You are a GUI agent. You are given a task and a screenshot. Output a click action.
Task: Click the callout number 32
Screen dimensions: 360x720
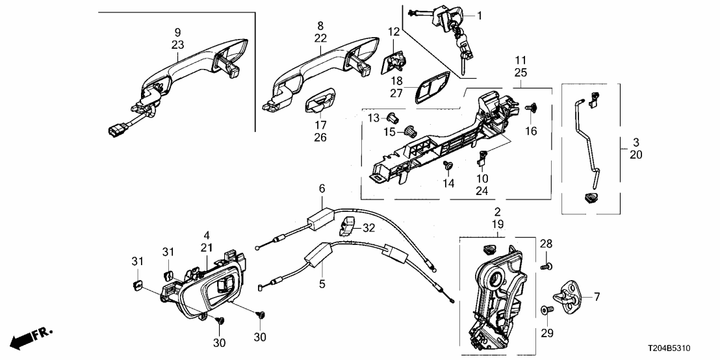coord(368,227)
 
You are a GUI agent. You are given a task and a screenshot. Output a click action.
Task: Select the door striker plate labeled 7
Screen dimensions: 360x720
coord(569,294)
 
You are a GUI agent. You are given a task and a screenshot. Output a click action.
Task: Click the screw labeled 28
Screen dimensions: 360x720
coord(546,266)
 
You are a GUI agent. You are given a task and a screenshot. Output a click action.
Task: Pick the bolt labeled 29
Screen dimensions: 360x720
coord(546,313)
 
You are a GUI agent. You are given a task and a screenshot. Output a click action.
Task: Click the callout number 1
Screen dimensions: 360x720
coord(480,15)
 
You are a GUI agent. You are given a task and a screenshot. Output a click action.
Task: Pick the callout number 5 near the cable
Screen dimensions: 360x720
coord(320,283)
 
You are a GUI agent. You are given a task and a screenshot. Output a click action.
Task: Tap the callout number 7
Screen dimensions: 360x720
coord(596,296)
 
